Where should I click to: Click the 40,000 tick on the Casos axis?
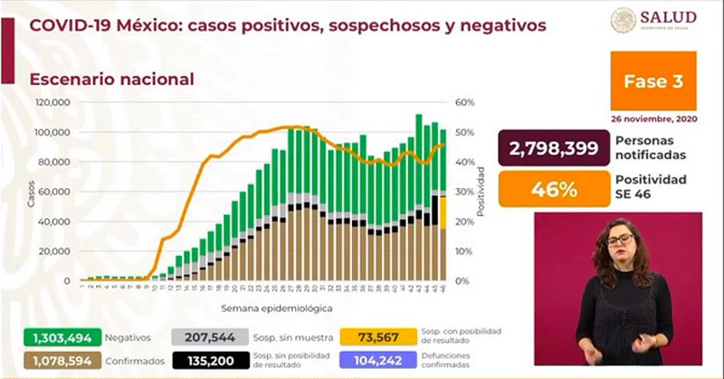tap(56, 222)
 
